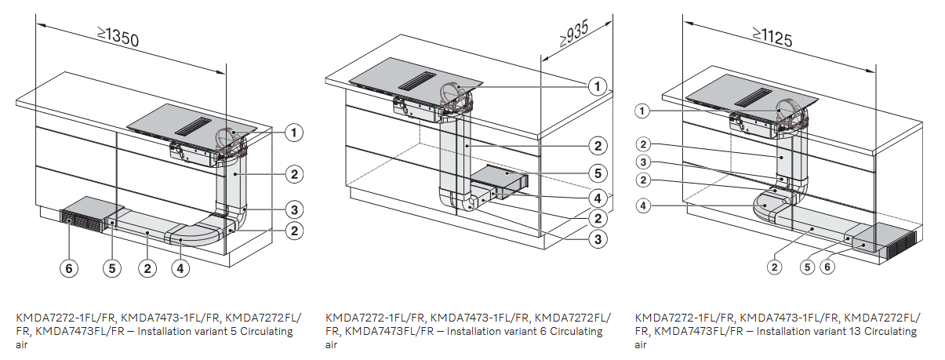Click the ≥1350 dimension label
[x=118, y=37]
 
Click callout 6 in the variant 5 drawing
[x=70, y=268]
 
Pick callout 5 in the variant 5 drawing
[x=111, y=268]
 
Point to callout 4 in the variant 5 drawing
[x=180, y=268]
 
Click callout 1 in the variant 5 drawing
[x=293, y=133]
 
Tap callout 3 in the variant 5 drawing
[x=293, y=209]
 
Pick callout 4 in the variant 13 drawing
[x=643, y=206]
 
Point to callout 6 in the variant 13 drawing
[x=828, y=267]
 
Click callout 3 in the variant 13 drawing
[x=643, y=162]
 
